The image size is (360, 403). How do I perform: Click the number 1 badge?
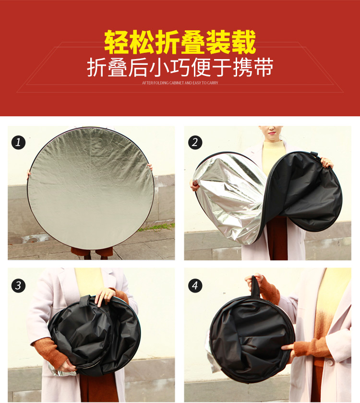tap(18, 142)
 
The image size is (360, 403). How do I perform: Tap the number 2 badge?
tap(195, 142)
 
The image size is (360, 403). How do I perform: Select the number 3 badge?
tap(18, 285)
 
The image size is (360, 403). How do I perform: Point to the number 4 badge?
tap(195, 285)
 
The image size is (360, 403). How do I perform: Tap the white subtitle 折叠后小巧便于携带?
tap(180, 68)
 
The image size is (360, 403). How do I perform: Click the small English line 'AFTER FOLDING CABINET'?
tap(180, 83)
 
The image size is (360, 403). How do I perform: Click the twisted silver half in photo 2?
tap(230, 197)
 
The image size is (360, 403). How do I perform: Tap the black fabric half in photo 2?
tap(302, 192)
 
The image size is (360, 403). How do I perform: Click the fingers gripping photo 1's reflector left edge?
tap(29, 175)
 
